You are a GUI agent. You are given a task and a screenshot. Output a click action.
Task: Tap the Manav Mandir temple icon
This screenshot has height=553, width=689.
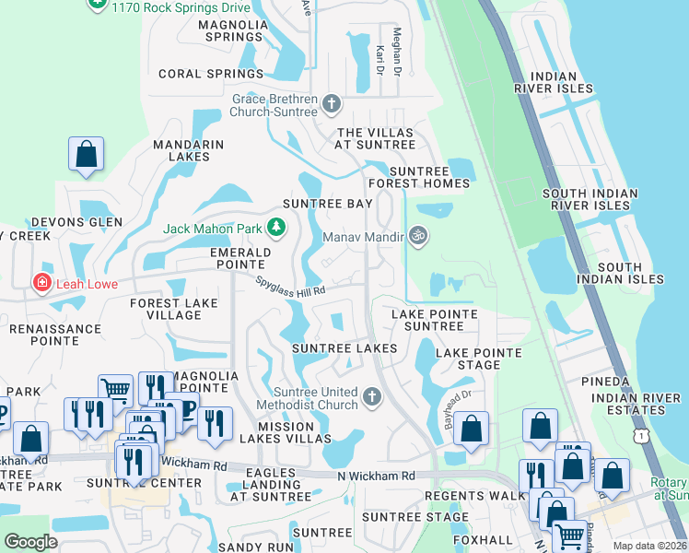point(418,237)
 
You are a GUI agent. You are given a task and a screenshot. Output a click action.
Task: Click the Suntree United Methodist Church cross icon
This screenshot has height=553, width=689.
point(372,397)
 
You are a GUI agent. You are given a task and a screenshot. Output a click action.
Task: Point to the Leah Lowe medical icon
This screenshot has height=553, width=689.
point(41,283)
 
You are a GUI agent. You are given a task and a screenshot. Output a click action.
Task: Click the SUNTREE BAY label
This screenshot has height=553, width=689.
point(327,203)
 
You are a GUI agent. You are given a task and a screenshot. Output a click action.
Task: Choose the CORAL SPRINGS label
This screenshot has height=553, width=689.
point(211,74)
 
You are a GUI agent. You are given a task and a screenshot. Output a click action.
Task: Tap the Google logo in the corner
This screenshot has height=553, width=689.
point(31,542)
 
